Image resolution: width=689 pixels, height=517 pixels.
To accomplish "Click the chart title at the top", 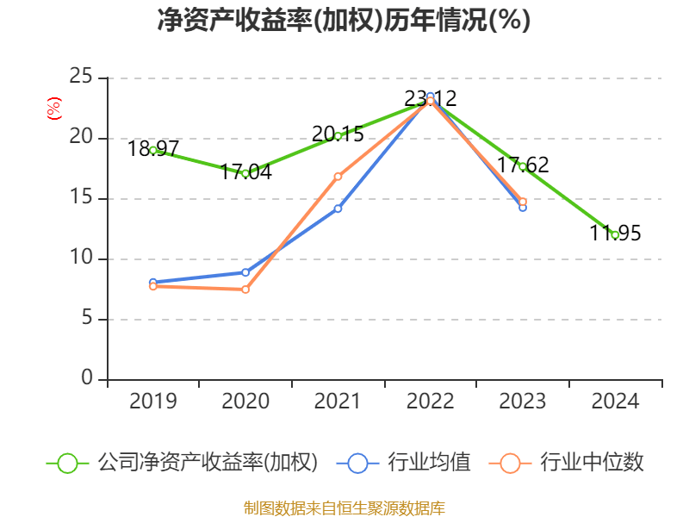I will (344, 21).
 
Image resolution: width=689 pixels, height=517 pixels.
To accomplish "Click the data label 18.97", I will (153, 148).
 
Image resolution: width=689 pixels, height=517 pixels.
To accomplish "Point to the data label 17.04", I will (245, 171).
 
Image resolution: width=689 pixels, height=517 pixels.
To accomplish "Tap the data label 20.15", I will (338, 134).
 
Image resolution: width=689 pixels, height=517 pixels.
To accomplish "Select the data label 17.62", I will (523, 165).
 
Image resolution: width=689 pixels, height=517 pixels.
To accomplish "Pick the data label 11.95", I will (615, 233).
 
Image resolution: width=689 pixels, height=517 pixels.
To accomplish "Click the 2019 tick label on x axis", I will (153, 402).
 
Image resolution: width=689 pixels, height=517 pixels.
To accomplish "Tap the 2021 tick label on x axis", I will (338, 402).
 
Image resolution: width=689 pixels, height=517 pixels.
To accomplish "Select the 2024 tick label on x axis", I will (615, 402).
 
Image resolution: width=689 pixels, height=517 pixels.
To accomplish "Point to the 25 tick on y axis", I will (82, 78).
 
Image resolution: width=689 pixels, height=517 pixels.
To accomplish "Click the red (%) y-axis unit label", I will (53, 108).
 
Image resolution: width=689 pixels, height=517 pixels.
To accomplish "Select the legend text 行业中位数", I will (592, 463).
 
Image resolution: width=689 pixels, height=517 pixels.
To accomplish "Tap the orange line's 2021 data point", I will (338, 176).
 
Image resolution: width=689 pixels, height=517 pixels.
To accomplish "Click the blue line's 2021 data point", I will (338, 209).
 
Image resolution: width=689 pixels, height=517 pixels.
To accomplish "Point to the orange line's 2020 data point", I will (245, 290).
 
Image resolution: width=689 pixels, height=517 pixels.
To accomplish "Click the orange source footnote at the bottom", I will (344, 508).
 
